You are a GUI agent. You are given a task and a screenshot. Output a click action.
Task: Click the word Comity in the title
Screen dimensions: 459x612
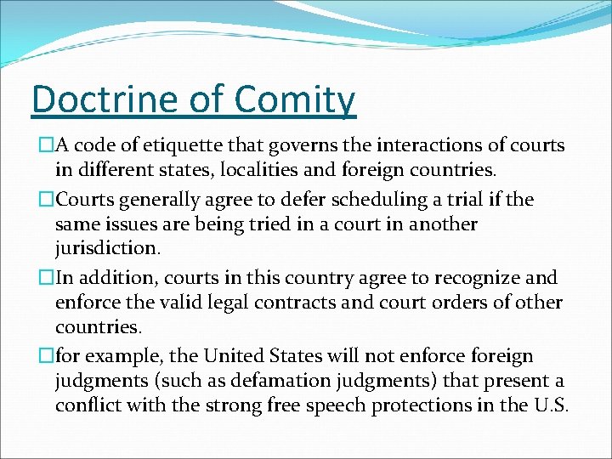click(x=294, y=99)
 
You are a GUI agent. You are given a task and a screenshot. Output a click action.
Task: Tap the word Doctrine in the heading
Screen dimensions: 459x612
click(x=109, y=99)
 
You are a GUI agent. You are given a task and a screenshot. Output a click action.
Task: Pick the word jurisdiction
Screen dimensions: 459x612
click(x=107, y=248)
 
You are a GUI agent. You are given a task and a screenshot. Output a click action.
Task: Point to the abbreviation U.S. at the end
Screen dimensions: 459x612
click(x=548, y=405)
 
